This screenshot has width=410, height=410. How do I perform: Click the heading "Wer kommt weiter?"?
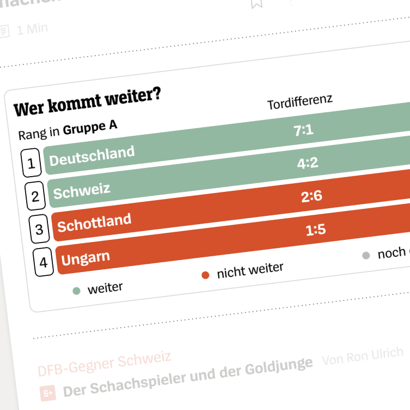click(x=87, y=101)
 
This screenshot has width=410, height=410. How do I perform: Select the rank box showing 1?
click(x=31, y=163)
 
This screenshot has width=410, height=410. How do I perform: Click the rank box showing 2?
click(x=35, y=196)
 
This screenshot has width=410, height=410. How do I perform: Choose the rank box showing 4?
click(x=43, y=262)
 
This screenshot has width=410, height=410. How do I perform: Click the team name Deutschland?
click(x=92, y=156)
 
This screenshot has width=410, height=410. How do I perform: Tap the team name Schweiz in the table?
click(x=81, y=190)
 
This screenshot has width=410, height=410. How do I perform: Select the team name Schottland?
click(x=94, y=222)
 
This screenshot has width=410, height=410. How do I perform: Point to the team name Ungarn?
click(x=86, y=257)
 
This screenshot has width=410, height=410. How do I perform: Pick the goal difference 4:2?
click(x=307, y=163)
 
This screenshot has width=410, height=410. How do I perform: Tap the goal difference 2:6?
click(x=312, y=196)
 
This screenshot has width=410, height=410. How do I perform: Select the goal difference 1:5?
click(x=316, y=230)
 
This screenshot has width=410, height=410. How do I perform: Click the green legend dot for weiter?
click(x=77, y=291)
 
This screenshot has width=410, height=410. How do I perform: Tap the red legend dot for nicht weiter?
click(x=206, y=275)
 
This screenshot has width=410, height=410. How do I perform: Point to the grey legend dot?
click(x=366, y=255)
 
